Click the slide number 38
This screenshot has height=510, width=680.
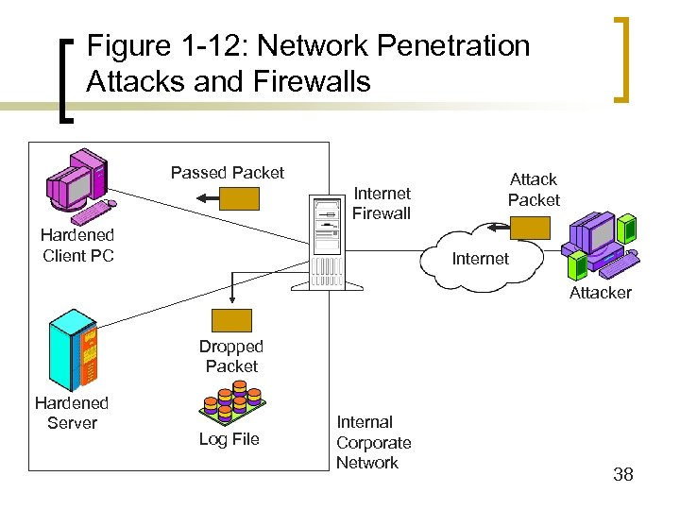pos(622,474)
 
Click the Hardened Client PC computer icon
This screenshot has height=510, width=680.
pos(79,182)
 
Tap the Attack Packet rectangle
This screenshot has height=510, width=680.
pos(530,228)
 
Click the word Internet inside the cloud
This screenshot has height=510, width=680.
pos(480,259)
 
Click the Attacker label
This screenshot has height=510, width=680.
pos(600,293)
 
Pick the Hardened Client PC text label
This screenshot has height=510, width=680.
pos(77,246)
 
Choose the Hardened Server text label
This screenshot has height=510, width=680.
pos(72,413)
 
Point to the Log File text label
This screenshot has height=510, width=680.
pos(229,439)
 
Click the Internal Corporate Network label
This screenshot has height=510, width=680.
pos(373,442)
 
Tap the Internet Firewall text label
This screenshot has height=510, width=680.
pos(382,203)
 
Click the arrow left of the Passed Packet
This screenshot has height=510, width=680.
pos(203,198)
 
